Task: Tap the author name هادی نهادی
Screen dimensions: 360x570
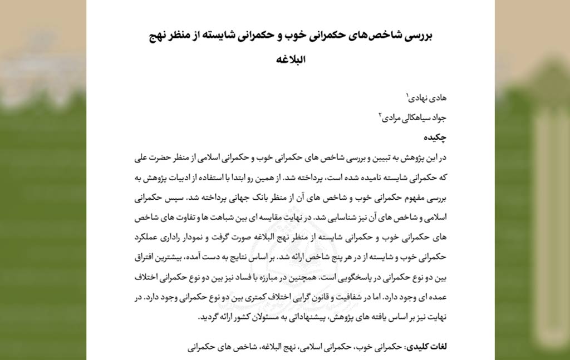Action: coord(427,98)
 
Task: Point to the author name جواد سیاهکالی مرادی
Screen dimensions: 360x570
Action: coord(414,117)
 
